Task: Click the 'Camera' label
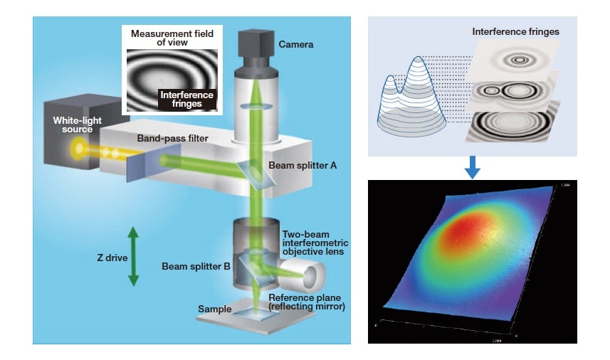pos(296,44)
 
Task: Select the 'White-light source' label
pos(73,125)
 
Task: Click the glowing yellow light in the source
pos(76,149)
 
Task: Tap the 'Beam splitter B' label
pos(195,267)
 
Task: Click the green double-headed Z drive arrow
pos(133,256)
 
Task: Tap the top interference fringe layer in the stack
pos(518,57)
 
